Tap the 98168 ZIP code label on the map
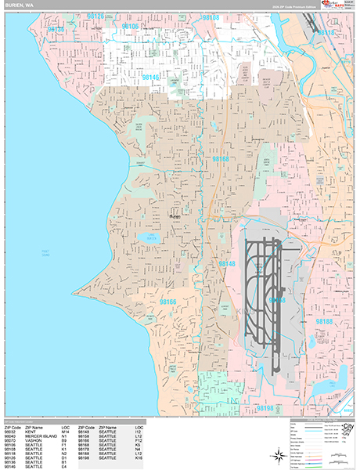221,159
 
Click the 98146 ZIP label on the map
152,78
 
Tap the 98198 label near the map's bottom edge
266,408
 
